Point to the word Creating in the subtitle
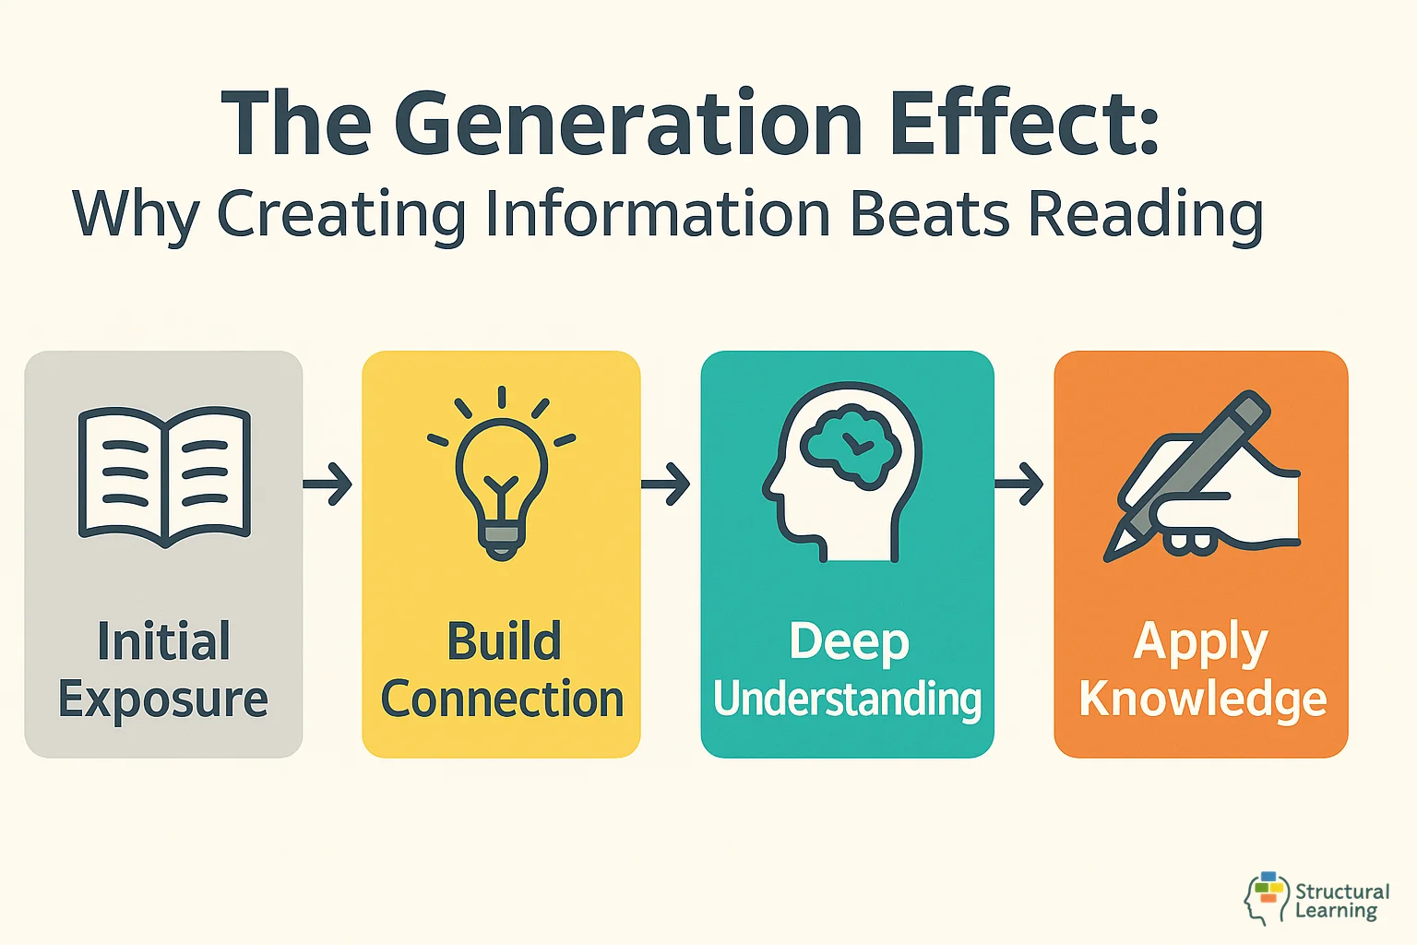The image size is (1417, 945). [x=341, y=216]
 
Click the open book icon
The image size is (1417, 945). [x=164, y=475]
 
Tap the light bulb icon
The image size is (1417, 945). [x=501, y=475]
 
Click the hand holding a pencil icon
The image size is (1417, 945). [x=1204, y=480]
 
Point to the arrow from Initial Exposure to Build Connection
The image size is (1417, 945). [x=328, y=483]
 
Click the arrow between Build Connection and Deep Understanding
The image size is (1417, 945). [x=666, y=483]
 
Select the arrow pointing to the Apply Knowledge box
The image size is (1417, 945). [x=1019, y=483]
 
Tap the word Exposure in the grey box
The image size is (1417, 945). [x=163, y=700]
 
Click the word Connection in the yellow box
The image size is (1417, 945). [x=503, y=700]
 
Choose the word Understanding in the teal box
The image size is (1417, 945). [x=847, y=700]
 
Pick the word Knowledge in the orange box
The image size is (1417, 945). [x=1203, y=700]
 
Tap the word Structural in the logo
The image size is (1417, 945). [x=1342, y=891]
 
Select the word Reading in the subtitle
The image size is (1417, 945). [x=1145, y=216]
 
